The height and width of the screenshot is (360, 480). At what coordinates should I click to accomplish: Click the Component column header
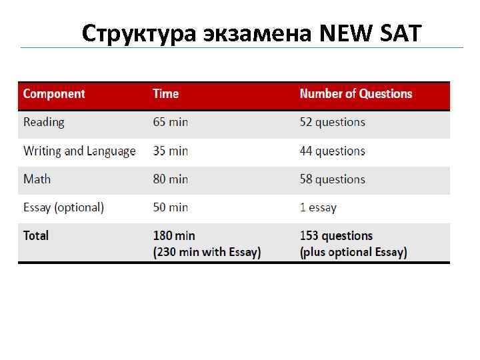[x=54, y=94]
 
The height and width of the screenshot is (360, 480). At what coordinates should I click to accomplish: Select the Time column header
[x=165, y=94]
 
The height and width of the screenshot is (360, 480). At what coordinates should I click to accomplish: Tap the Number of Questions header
[x=356, y=94]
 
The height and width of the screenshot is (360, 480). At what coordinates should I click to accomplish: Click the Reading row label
[x=44, y=122]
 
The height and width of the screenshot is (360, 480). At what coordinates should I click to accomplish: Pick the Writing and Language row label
[x=79, y=151]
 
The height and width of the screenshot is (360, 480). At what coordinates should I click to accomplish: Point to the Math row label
[x=37, y=179]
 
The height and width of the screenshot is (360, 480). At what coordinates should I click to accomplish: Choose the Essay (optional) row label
[x=63, y=207]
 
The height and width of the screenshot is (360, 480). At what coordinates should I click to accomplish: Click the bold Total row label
[x=36, y=235]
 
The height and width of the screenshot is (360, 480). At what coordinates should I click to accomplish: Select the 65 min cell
[x=171, y=122]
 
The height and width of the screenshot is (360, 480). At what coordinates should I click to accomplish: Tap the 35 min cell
[x=171, y=151]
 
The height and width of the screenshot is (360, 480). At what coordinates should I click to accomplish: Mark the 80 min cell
[x=171, y=179]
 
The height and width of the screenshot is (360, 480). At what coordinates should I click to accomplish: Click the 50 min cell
[x=171, y=207]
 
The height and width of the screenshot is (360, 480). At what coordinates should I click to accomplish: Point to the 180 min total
[x=174, y=235]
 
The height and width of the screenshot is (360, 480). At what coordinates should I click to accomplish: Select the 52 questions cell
[x=333, y=122]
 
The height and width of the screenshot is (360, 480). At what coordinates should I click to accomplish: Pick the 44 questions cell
[x=333, y=151]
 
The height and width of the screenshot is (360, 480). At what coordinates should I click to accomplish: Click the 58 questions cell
[x=333, y=179]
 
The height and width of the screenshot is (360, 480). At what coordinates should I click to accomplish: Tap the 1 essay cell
[x=318, y=207]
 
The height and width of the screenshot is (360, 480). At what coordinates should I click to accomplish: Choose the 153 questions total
[x=336, y=235]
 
